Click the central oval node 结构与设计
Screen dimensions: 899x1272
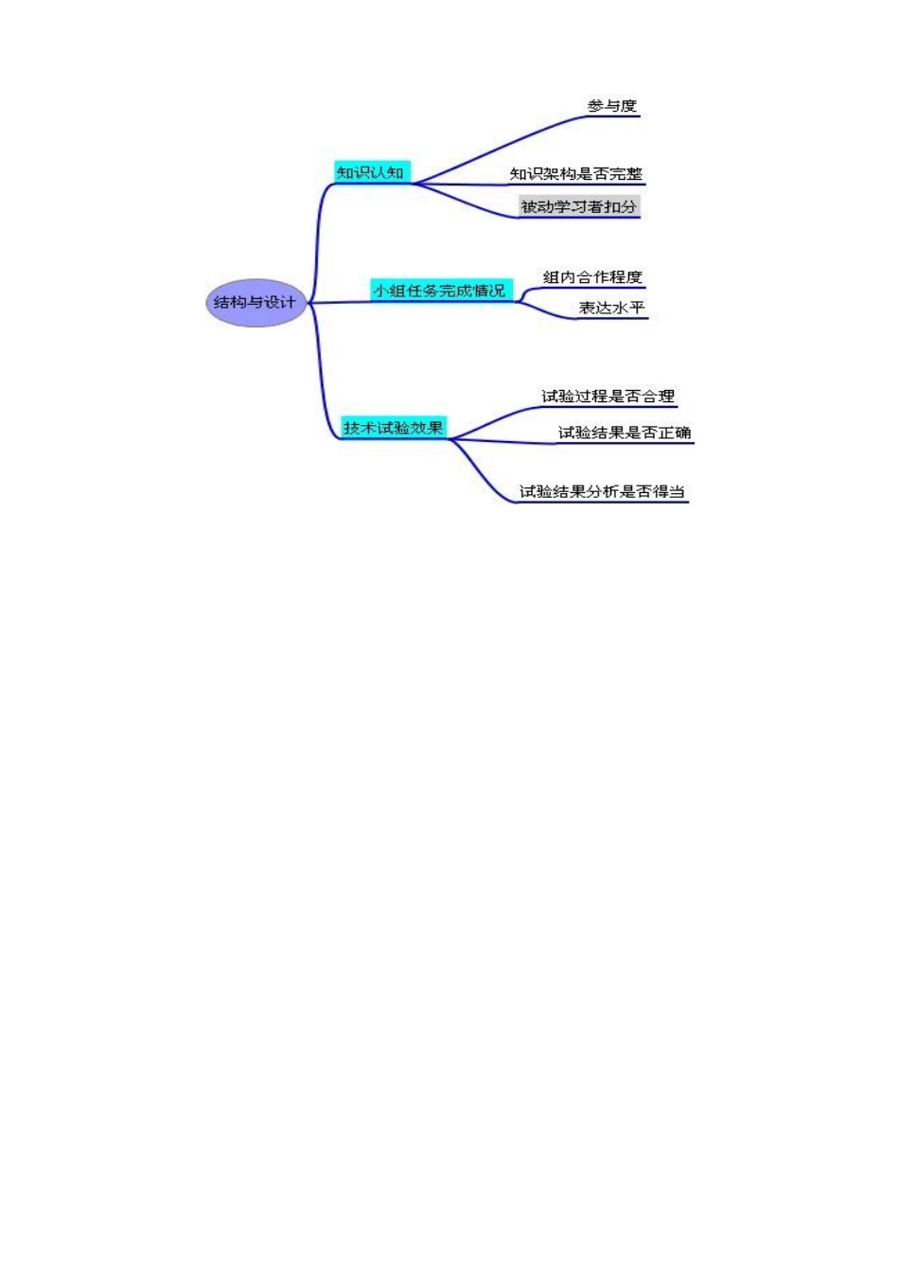[256, 303]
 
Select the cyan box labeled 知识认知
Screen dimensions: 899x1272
[371, 172]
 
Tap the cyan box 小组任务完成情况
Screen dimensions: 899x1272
[440, 291]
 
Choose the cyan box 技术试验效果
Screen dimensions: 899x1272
[393, 428]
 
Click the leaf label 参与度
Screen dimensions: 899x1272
[611, 105]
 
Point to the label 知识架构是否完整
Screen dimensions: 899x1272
[575, 173]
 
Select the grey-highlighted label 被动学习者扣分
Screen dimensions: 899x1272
[578, 206]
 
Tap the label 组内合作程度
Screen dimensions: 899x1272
[592, 276]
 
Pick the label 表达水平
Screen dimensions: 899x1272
[611, 308]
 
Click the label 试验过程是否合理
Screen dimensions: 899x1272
[608, 396]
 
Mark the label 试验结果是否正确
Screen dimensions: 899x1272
[624, 433]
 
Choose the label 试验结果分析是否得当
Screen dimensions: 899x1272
[602, 491]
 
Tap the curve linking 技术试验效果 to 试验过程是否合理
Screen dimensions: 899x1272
[492, 419]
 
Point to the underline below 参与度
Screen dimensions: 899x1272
[613, 116]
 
